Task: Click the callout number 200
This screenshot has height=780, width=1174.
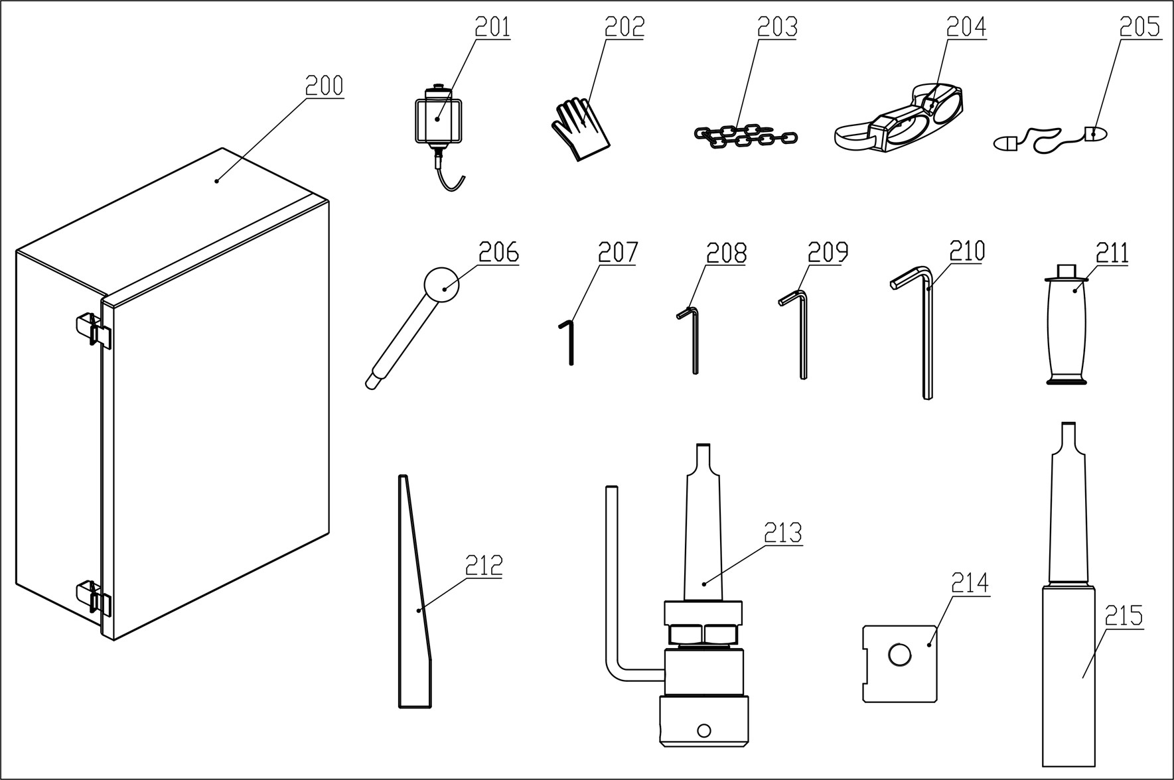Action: click(x=324, y=86)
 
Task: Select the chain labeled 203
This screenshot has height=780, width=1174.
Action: click(x=743, y=135)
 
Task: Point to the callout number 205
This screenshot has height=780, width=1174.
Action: click(x=1139, y=27)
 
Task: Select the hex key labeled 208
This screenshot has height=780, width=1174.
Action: click(x=694, y=342)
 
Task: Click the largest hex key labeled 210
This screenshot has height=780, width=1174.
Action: click(x=926, y=338)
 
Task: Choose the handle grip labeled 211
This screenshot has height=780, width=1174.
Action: click(x=1067, y=328)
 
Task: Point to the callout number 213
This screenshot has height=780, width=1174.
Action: click(x=782, y=533)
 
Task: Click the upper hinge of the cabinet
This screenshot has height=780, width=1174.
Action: click(x=93, y=329)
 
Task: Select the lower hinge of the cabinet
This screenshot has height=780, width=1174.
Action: click(x=93, y=597)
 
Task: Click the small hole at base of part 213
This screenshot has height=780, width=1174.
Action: click(x=704, y=731)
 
